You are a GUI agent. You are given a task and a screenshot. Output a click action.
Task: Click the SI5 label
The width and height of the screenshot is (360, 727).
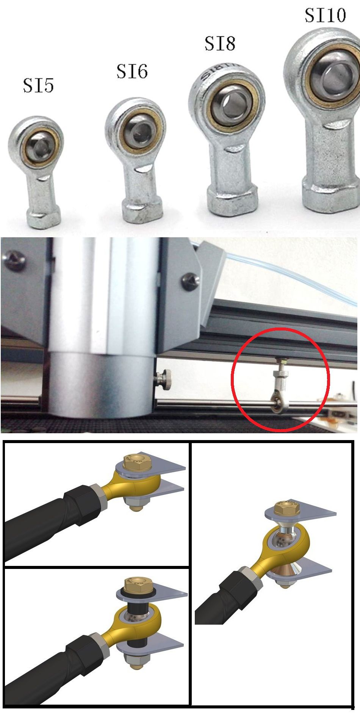[x=38, y=85]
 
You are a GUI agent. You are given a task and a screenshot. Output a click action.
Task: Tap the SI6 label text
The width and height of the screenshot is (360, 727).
[x=131, y=71]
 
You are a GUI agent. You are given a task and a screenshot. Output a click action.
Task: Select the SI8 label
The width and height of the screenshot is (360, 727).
[x=220, y=43]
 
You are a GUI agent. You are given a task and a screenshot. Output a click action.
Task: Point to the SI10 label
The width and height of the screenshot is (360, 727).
[x=325, y=15]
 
